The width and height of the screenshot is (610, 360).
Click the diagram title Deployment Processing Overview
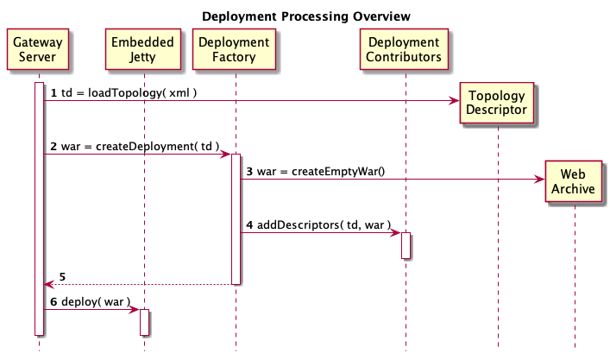pos(306,16)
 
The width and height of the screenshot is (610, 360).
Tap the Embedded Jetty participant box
pos(142,50)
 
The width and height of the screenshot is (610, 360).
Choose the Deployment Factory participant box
pos(234,50)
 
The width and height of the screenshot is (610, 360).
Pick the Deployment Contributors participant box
pos(405,50)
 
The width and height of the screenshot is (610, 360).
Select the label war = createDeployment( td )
pos(139,147)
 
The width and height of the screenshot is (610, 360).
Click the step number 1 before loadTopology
pos(53,92)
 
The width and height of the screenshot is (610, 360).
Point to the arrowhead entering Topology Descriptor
pos(455,101)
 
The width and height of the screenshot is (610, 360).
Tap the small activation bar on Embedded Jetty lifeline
pos(145,321)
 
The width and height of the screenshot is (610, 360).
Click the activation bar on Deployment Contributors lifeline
pos(406,244)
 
